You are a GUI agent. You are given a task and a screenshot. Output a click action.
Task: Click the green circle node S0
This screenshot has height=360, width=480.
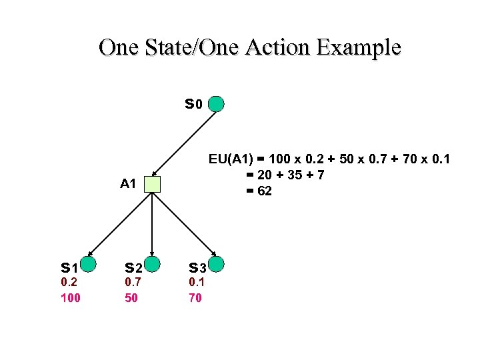(x=216, y=104)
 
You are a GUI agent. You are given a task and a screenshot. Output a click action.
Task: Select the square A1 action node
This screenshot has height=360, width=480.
(x=153, y=184)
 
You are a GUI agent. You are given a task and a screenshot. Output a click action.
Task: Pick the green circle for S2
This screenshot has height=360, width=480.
(x=153, y=265)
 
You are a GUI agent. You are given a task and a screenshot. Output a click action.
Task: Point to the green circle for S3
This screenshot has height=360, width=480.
(x=216, y=265)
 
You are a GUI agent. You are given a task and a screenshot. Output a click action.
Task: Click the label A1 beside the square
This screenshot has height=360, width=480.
(x=128, y=184)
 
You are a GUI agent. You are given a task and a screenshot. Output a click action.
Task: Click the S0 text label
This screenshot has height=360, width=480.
(x=193, y=105)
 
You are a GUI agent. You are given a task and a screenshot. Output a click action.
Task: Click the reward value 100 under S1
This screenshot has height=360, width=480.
(x=70, y=298)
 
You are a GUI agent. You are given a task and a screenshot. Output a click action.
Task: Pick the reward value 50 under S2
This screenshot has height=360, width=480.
(x=131, y=298)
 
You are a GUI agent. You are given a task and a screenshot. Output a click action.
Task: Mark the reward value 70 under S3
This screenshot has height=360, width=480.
(x=195, y=298)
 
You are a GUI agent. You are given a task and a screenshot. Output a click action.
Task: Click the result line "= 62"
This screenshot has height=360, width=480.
(x=259, y=191)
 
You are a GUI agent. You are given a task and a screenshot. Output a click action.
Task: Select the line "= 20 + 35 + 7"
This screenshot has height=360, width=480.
(x=285, y=175)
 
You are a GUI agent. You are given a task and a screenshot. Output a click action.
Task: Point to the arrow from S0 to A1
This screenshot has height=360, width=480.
(x=185, y=144)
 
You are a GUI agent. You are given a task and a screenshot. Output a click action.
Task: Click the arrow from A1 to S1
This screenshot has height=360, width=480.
(x=120, y=225)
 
